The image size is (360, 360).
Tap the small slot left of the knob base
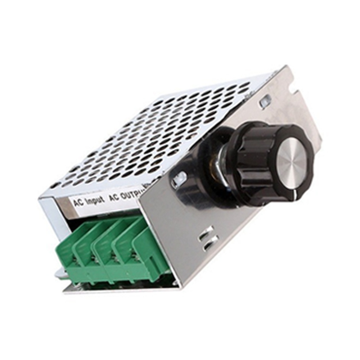click(179, 179)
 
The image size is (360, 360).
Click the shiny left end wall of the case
click(49, 216)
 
